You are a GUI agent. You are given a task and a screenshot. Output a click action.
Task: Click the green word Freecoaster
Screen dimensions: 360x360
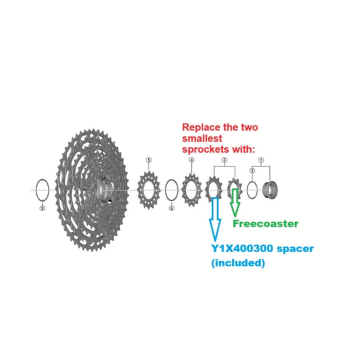click(265, 223)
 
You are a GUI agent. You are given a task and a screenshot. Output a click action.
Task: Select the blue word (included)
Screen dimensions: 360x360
click(238, 263)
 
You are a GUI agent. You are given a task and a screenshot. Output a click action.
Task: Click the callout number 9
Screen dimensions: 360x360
click(42, 208)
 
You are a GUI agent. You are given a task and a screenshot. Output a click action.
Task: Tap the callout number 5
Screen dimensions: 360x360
click(148, 160)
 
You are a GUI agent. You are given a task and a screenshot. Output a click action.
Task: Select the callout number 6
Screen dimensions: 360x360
click(171, 208)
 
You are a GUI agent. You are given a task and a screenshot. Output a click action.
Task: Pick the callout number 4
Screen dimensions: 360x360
click(191, 160)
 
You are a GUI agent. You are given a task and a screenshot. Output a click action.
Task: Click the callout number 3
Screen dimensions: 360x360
click(224, 160)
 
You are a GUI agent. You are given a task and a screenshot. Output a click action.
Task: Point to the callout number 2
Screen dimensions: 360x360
click(252, 171)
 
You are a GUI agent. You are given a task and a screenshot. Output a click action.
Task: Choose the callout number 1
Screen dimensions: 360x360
click(260, 160)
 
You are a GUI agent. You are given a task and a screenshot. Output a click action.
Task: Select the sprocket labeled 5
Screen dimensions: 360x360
click(147, 188)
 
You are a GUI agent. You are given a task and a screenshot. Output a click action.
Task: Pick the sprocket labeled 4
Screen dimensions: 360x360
click(191, 189)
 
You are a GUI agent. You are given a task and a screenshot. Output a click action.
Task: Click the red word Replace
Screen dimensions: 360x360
click(198, 127)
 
